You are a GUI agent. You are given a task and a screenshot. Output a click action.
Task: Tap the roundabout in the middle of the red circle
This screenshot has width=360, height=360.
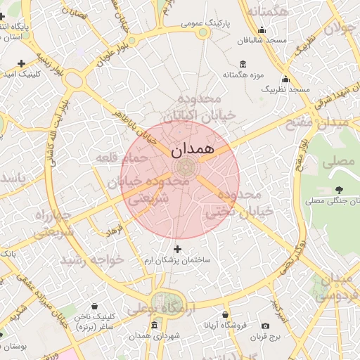point(186,167)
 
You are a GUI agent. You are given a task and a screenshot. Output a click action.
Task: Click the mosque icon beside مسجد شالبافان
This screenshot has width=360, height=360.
point(262,30)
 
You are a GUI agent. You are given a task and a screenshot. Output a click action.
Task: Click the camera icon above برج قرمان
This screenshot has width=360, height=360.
point(265,326)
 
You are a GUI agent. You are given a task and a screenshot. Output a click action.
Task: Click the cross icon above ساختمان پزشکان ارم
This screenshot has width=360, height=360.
point(177,249)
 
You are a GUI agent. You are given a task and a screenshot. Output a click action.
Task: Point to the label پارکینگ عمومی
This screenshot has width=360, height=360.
point(202,23)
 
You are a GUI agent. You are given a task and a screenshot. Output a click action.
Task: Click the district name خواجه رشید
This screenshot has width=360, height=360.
point(92,259)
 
